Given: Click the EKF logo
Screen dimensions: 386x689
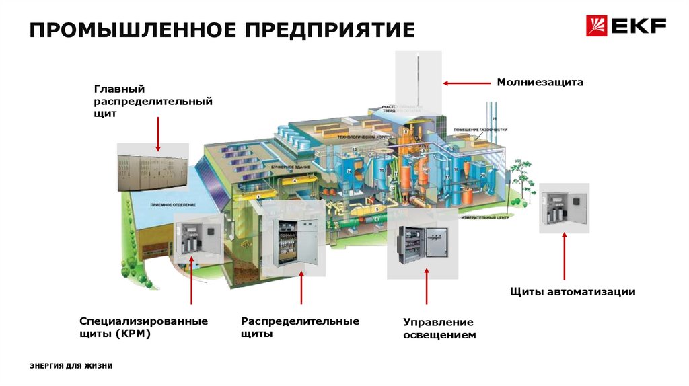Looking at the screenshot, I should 626,27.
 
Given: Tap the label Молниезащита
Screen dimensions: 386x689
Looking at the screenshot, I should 540,82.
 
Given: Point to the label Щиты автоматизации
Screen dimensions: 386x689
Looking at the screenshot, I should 572,292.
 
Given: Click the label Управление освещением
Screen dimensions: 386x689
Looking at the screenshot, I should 439,328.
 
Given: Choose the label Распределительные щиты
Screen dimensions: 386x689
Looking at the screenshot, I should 300,327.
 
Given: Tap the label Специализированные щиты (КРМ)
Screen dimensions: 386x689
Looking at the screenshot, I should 143,327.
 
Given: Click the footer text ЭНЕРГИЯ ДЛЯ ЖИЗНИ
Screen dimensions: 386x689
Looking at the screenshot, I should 71,366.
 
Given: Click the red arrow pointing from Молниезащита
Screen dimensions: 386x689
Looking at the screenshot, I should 466,83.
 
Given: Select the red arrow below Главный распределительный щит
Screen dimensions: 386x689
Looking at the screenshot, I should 158,133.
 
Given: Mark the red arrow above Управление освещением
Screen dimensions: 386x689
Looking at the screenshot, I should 425,287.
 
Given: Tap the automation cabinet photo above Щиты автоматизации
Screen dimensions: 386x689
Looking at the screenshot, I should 564,208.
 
